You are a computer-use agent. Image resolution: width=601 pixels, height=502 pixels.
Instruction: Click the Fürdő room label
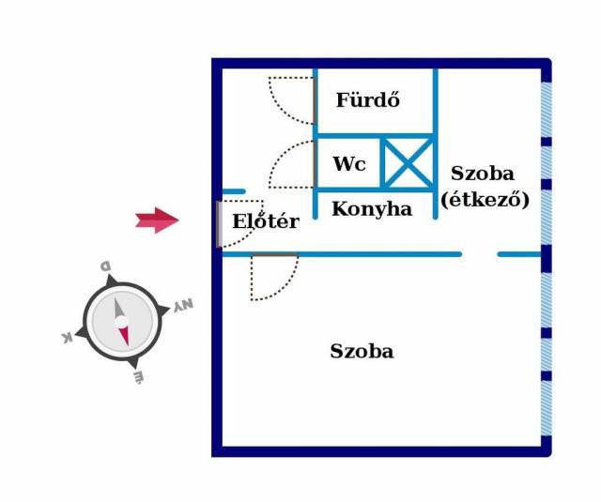click(x=368, y=99)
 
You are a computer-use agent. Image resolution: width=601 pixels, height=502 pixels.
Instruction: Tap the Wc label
click(x=348, y=164)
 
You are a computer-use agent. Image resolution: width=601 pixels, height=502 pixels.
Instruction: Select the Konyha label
click(x=371, y=209)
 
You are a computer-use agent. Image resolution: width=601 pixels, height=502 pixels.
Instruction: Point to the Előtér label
click(x=266, y=222)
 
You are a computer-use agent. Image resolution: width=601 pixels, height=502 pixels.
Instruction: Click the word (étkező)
click(x=485, y=199)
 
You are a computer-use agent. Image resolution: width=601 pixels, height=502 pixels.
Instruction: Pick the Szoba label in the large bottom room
click(x=362, y=352)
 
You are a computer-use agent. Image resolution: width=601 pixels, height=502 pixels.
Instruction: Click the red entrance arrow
click(x=157, y=221)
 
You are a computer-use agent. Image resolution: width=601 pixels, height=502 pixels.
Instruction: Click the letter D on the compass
click(x=106, y=266)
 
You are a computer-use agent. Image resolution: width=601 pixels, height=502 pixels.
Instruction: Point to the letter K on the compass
click(x=68, y=337)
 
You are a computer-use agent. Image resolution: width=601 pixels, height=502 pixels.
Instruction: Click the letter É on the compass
click(x=138, y=377)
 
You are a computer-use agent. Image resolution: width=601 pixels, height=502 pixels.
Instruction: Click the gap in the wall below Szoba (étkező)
click(x=479, y=254)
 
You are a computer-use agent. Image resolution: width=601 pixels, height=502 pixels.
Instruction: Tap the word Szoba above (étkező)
click(x=482, y=174)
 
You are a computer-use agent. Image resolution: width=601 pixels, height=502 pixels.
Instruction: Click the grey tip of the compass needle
click(x=118, y=307)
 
